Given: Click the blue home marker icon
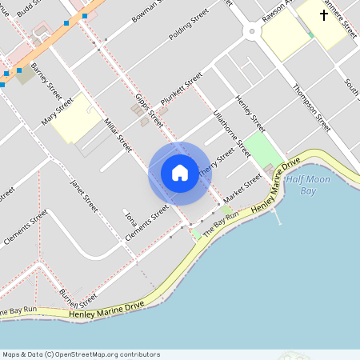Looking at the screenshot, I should click(x=179, y=172).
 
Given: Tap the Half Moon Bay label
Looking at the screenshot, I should click(x=307, y=185).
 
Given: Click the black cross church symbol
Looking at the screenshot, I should click(x=325, y=15).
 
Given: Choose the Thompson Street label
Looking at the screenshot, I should click(x=311, y=107).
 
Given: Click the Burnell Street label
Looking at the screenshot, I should click(x=79, y=302).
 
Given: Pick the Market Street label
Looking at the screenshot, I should click(x=242, y=189).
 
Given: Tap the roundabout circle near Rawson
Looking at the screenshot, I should click(x=251, y=32).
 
